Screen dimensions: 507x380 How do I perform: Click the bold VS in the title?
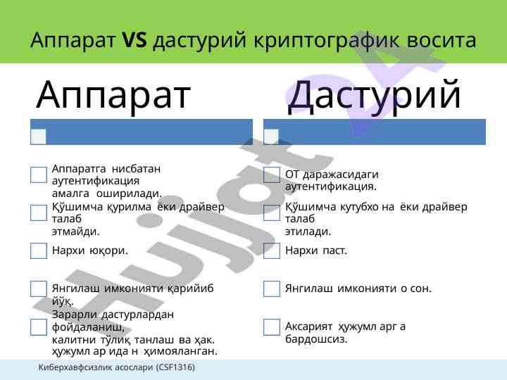(134, 40)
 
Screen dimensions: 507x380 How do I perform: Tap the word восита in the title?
(441, 41)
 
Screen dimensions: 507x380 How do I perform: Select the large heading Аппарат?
(113, 95)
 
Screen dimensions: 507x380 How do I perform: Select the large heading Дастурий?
(374, 95)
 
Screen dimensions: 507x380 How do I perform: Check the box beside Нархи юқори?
(39, 251)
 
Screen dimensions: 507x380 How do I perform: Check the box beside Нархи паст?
(272, 251)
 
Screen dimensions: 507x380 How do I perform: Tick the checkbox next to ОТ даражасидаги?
(272, 175)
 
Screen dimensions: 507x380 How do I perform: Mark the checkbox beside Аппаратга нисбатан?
(39, 175)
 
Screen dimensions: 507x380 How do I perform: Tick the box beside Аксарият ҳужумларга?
(272, 327)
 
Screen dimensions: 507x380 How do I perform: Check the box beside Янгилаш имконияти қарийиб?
(39, 289)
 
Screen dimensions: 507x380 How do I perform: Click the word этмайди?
(75, 232)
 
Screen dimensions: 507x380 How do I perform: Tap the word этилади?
(308, 232)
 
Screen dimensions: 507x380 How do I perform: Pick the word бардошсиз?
(316, 339)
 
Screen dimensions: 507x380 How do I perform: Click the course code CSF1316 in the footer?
(177, 367)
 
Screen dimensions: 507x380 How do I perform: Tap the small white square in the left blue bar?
(39, 137)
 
